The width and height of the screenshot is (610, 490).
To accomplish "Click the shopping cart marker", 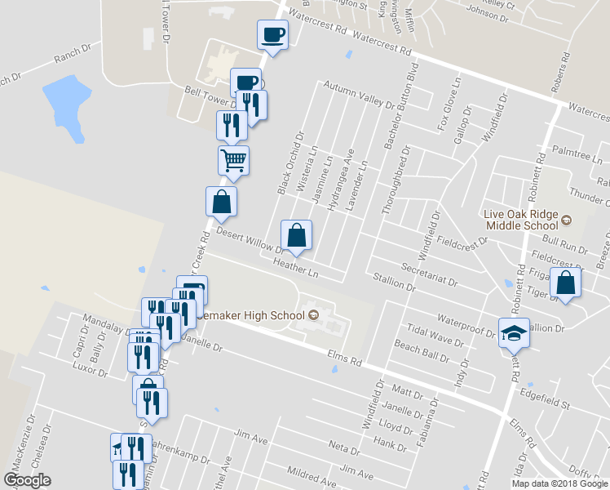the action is click(x=233, y=160).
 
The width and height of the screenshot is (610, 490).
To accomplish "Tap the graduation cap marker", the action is click(x=514, y=332).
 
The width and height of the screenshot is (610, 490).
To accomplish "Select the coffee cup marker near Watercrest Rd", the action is click(x=272, y=34).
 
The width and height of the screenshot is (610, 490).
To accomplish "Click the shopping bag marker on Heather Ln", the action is click(x=296, y=235).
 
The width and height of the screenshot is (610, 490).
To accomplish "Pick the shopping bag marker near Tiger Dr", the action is click(x=565, y=283).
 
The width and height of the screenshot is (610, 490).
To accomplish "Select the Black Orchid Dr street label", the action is click(x=290, y=164).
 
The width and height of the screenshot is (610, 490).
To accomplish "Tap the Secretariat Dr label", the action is click(x=430, y=274).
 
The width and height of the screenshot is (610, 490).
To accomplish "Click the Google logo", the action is click(x=27, y=480).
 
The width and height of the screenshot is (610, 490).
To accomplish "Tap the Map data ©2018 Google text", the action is click(x=559, y=483).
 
